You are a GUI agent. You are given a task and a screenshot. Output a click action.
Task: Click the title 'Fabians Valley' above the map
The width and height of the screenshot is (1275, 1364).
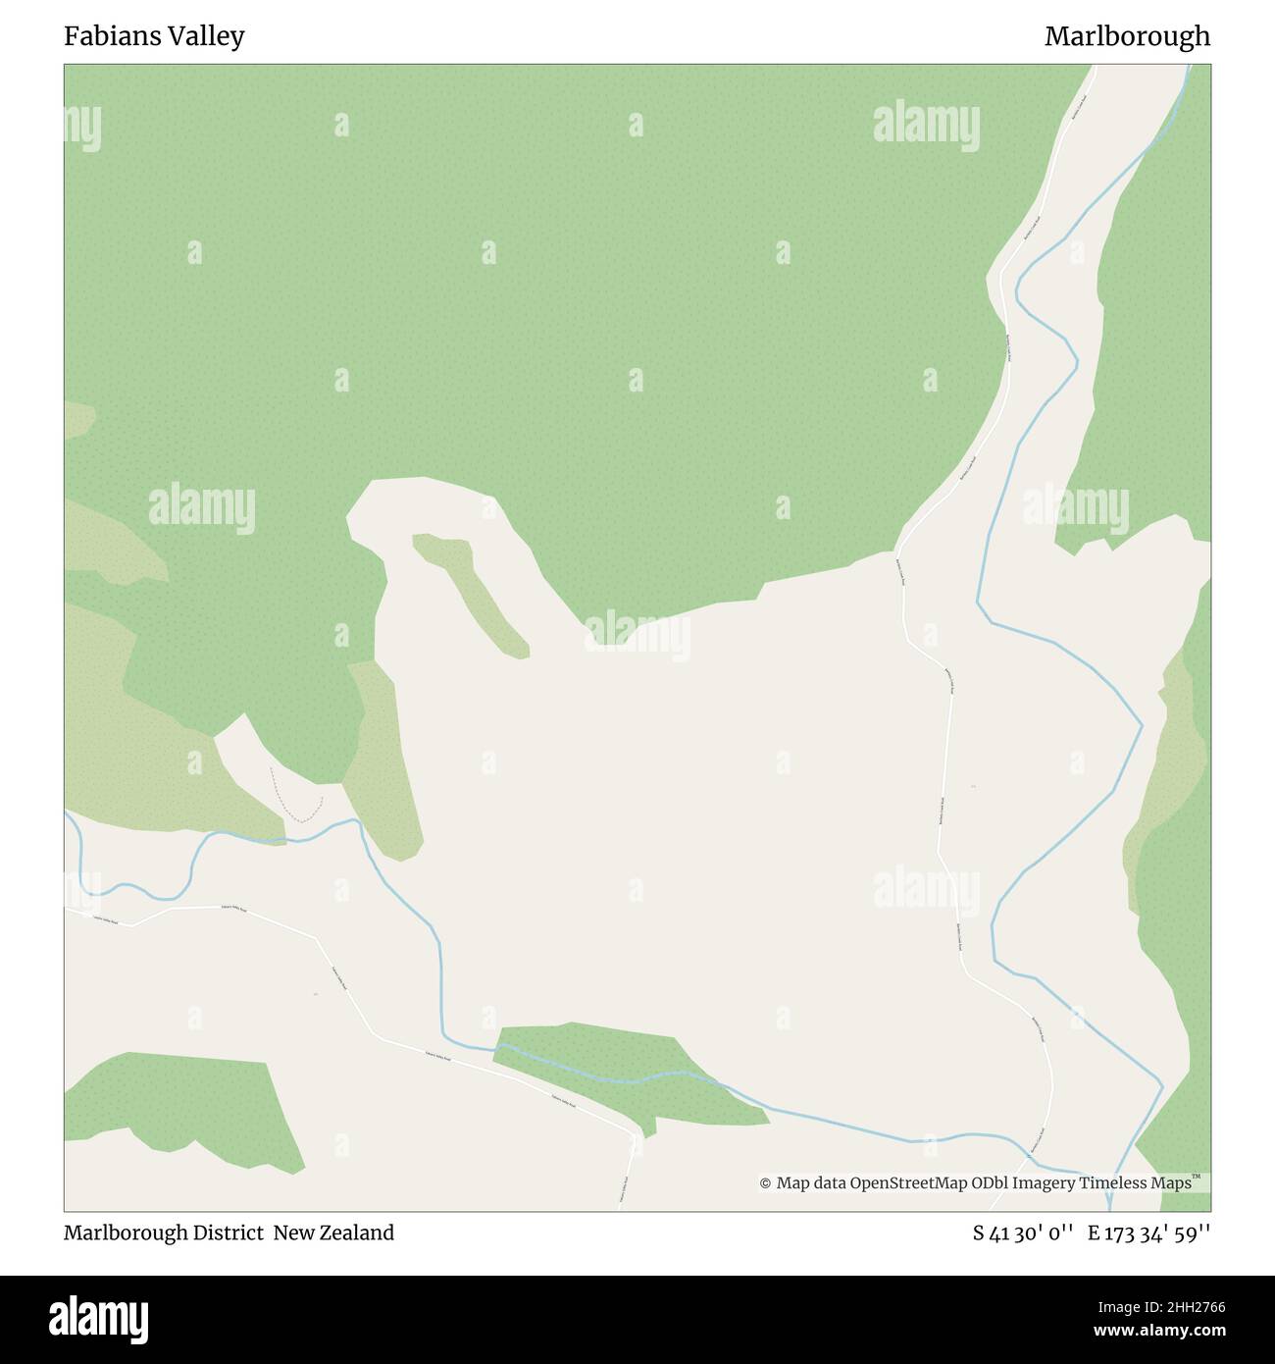coord(154,36)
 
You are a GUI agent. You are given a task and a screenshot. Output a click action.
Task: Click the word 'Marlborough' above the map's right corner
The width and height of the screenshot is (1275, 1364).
coord(1127,36)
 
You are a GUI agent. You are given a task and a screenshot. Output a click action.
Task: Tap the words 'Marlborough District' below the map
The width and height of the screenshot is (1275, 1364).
coord(164,1233)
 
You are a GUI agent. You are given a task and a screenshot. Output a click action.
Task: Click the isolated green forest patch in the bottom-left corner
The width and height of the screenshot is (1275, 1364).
coord(186,1109)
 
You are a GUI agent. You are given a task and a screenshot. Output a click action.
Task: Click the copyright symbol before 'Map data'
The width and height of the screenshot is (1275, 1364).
coord(765,1183)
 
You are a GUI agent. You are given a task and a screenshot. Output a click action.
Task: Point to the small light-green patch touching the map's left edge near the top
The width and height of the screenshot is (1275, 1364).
coord(77,420)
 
